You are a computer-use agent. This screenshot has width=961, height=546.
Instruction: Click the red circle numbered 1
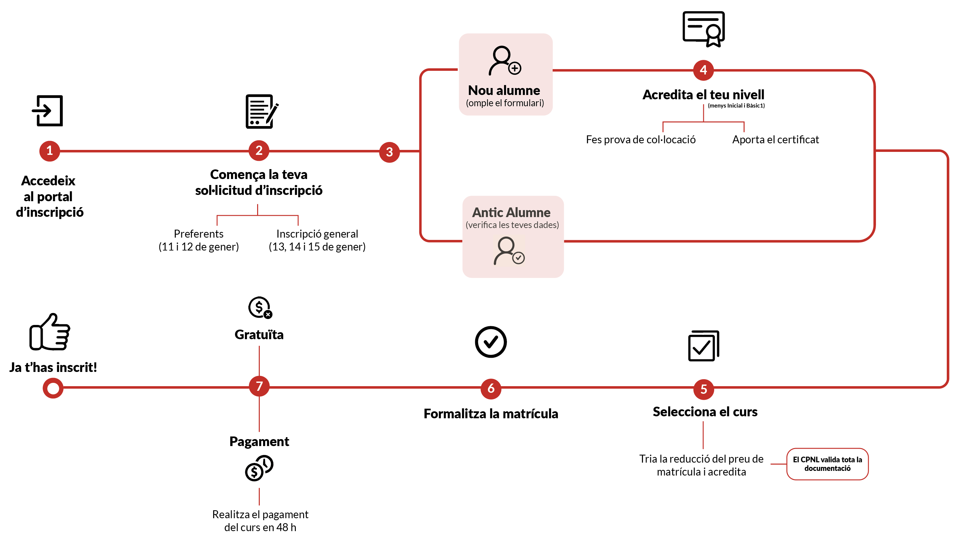50,151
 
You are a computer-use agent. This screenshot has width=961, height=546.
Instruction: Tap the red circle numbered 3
389,152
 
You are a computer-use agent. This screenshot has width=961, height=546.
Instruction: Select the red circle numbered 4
703,70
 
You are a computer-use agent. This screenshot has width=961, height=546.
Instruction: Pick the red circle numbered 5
704,389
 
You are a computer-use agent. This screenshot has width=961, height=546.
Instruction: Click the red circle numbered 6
490,388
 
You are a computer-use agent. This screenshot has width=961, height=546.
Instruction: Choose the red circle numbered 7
259,386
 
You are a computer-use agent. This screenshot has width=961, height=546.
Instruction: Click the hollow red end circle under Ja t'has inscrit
53,388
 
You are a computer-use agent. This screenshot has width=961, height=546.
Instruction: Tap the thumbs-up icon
50,332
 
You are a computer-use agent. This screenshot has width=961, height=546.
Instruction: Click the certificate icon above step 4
704,28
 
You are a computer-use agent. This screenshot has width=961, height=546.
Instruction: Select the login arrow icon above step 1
48,111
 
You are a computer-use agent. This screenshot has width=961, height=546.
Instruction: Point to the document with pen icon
261,112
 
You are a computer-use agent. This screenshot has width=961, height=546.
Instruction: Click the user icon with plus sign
505,61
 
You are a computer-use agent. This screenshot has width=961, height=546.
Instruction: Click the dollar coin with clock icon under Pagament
259,468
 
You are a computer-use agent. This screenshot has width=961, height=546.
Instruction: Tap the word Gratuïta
259,335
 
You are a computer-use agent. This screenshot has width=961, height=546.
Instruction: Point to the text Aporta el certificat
775,140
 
